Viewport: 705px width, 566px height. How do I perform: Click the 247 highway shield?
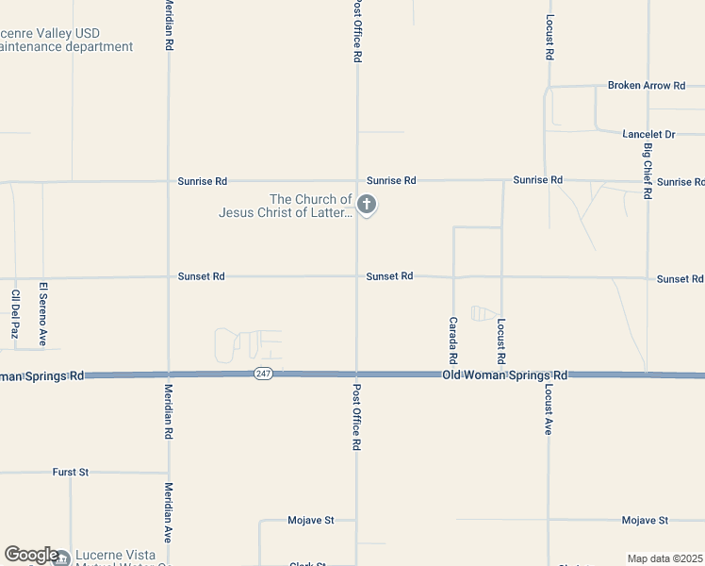coord(264,375)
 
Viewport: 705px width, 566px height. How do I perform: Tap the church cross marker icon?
coord(367,204)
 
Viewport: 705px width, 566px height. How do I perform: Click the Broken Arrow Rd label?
coord(646,86)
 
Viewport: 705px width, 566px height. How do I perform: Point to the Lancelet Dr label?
coord(648,135)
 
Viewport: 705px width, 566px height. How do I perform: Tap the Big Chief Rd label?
coord(648,171)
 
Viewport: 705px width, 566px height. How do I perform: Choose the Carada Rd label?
coord(452,341)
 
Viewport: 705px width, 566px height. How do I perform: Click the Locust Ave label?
coord(548,408)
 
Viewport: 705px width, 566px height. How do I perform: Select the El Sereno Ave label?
coord(42,313)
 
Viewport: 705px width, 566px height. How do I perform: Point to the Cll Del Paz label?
coord(14,313)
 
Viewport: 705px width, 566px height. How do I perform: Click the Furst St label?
coord(70,472)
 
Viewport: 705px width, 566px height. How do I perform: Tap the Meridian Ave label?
coord(168,512)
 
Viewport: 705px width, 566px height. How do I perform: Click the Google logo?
coord(31,555)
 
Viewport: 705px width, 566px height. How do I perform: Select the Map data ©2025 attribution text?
coord(665,558)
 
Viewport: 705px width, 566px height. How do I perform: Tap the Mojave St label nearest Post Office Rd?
coord(310,520)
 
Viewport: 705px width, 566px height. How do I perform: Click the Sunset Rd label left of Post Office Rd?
coord(201,276)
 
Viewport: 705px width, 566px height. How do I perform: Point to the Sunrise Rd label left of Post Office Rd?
coord(202,180)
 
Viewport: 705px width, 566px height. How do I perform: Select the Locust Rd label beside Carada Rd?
coord(501,341)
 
